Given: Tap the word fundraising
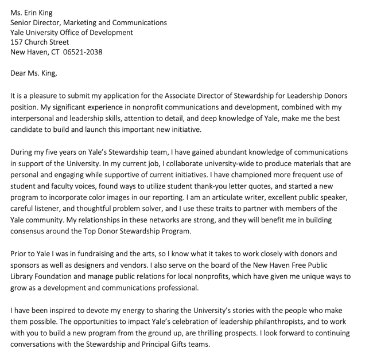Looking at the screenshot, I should [92, 253].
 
